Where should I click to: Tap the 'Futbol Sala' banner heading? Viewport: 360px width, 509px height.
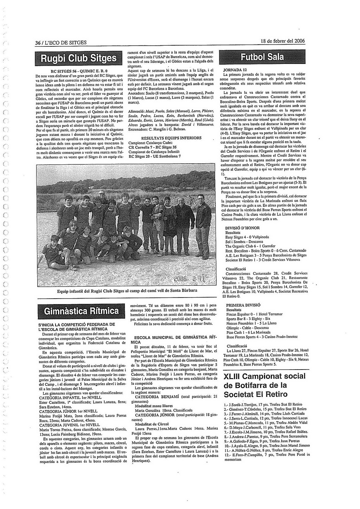tap(262, 57)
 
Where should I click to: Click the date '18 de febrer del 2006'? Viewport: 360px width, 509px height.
tap(283, 41)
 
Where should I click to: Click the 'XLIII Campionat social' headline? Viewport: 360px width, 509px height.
tap(264, 376)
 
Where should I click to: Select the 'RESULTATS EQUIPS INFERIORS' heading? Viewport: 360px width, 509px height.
tap(171, 138)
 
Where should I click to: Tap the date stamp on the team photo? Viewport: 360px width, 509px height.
tap(188, 279)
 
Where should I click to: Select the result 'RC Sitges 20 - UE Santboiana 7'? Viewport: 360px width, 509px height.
tap(155, 156)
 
